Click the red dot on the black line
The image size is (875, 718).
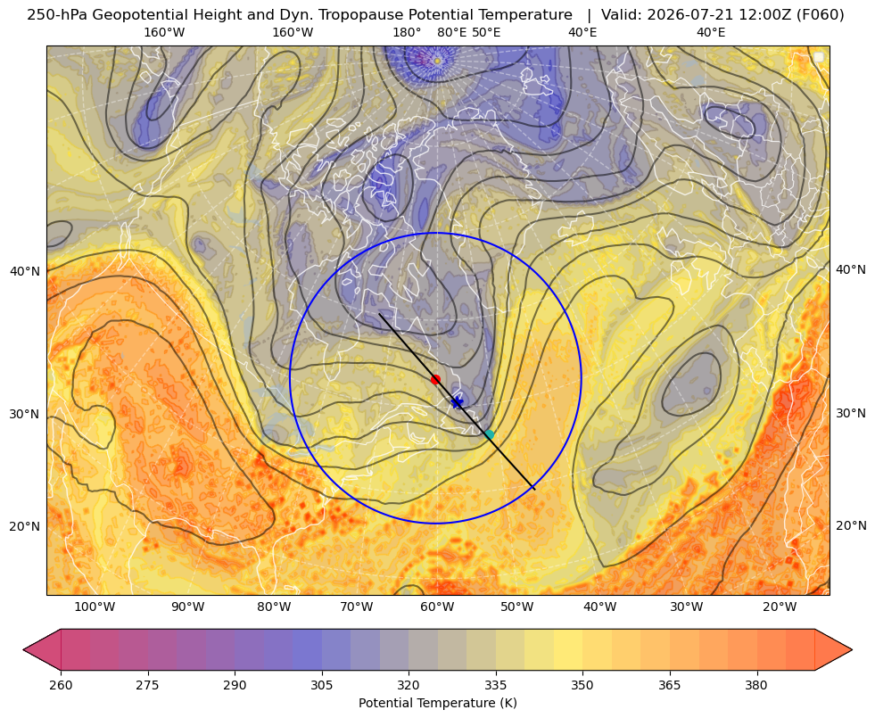pos(435,379)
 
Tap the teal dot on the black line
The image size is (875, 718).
pos(489,434)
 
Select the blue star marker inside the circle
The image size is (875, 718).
pos(457,402)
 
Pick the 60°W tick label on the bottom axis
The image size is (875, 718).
pos(436,607)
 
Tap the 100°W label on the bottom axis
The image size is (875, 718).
pos(95,607)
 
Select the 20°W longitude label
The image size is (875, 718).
pos(780,607)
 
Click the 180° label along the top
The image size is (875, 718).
pos(407,32)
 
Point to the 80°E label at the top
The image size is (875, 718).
pos(451,32)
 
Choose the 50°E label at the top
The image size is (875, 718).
pos(486,32)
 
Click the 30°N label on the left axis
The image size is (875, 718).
pos(25,414)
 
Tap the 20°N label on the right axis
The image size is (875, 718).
pos(851,525)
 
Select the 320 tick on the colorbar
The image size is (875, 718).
pos(409,684)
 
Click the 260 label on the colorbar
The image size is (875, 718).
pos(61,684)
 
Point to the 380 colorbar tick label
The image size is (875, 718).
pos(756,684)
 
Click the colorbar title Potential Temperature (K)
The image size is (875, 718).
pos(437,703)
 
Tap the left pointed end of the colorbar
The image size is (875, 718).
pos(24,649)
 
